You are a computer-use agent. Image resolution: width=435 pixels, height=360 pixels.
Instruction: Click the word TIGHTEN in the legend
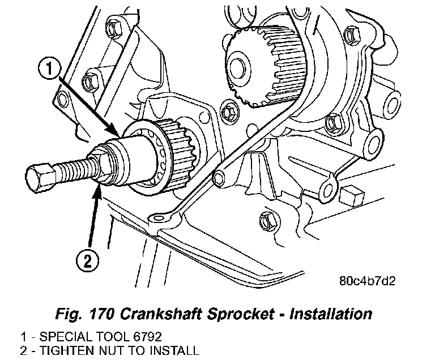click(x=55, y=351)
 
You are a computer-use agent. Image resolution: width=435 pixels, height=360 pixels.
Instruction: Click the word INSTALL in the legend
click(x=176, y=351)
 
